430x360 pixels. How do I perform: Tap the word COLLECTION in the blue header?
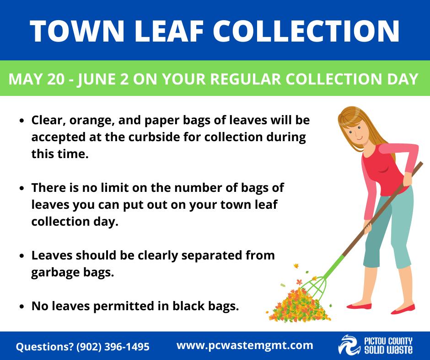click(x=306, y=31)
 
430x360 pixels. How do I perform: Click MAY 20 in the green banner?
click(x=37, y=79)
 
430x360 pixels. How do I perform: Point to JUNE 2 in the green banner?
click(x=102, y=79)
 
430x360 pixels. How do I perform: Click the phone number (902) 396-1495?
click(x=113, y=347)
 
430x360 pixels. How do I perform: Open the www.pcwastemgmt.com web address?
click(x=245, y=345)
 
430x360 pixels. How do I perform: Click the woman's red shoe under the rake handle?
click(x=359, y=307)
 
